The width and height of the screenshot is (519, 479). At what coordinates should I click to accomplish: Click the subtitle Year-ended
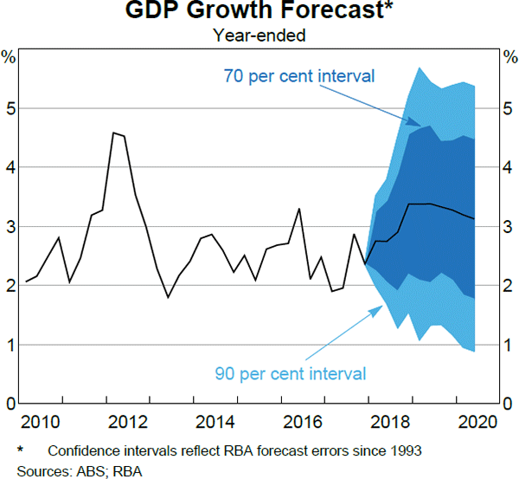(x=259, y=36)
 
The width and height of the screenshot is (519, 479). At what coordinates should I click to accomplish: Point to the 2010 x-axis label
(x=42, y=423)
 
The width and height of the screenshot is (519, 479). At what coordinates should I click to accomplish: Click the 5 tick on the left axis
(x=10, y=108)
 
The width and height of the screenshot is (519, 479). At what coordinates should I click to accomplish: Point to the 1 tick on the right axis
(x=509, y=345)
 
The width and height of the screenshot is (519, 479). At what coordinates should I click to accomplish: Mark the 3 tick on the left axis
(x=10, y=227)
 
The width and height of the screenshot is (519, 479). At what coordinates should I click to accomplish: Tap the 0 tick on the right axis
(x=509, y=404)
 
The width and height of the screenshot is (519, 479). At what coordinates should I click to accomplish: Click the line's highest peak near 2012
(x=114, y=133)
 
